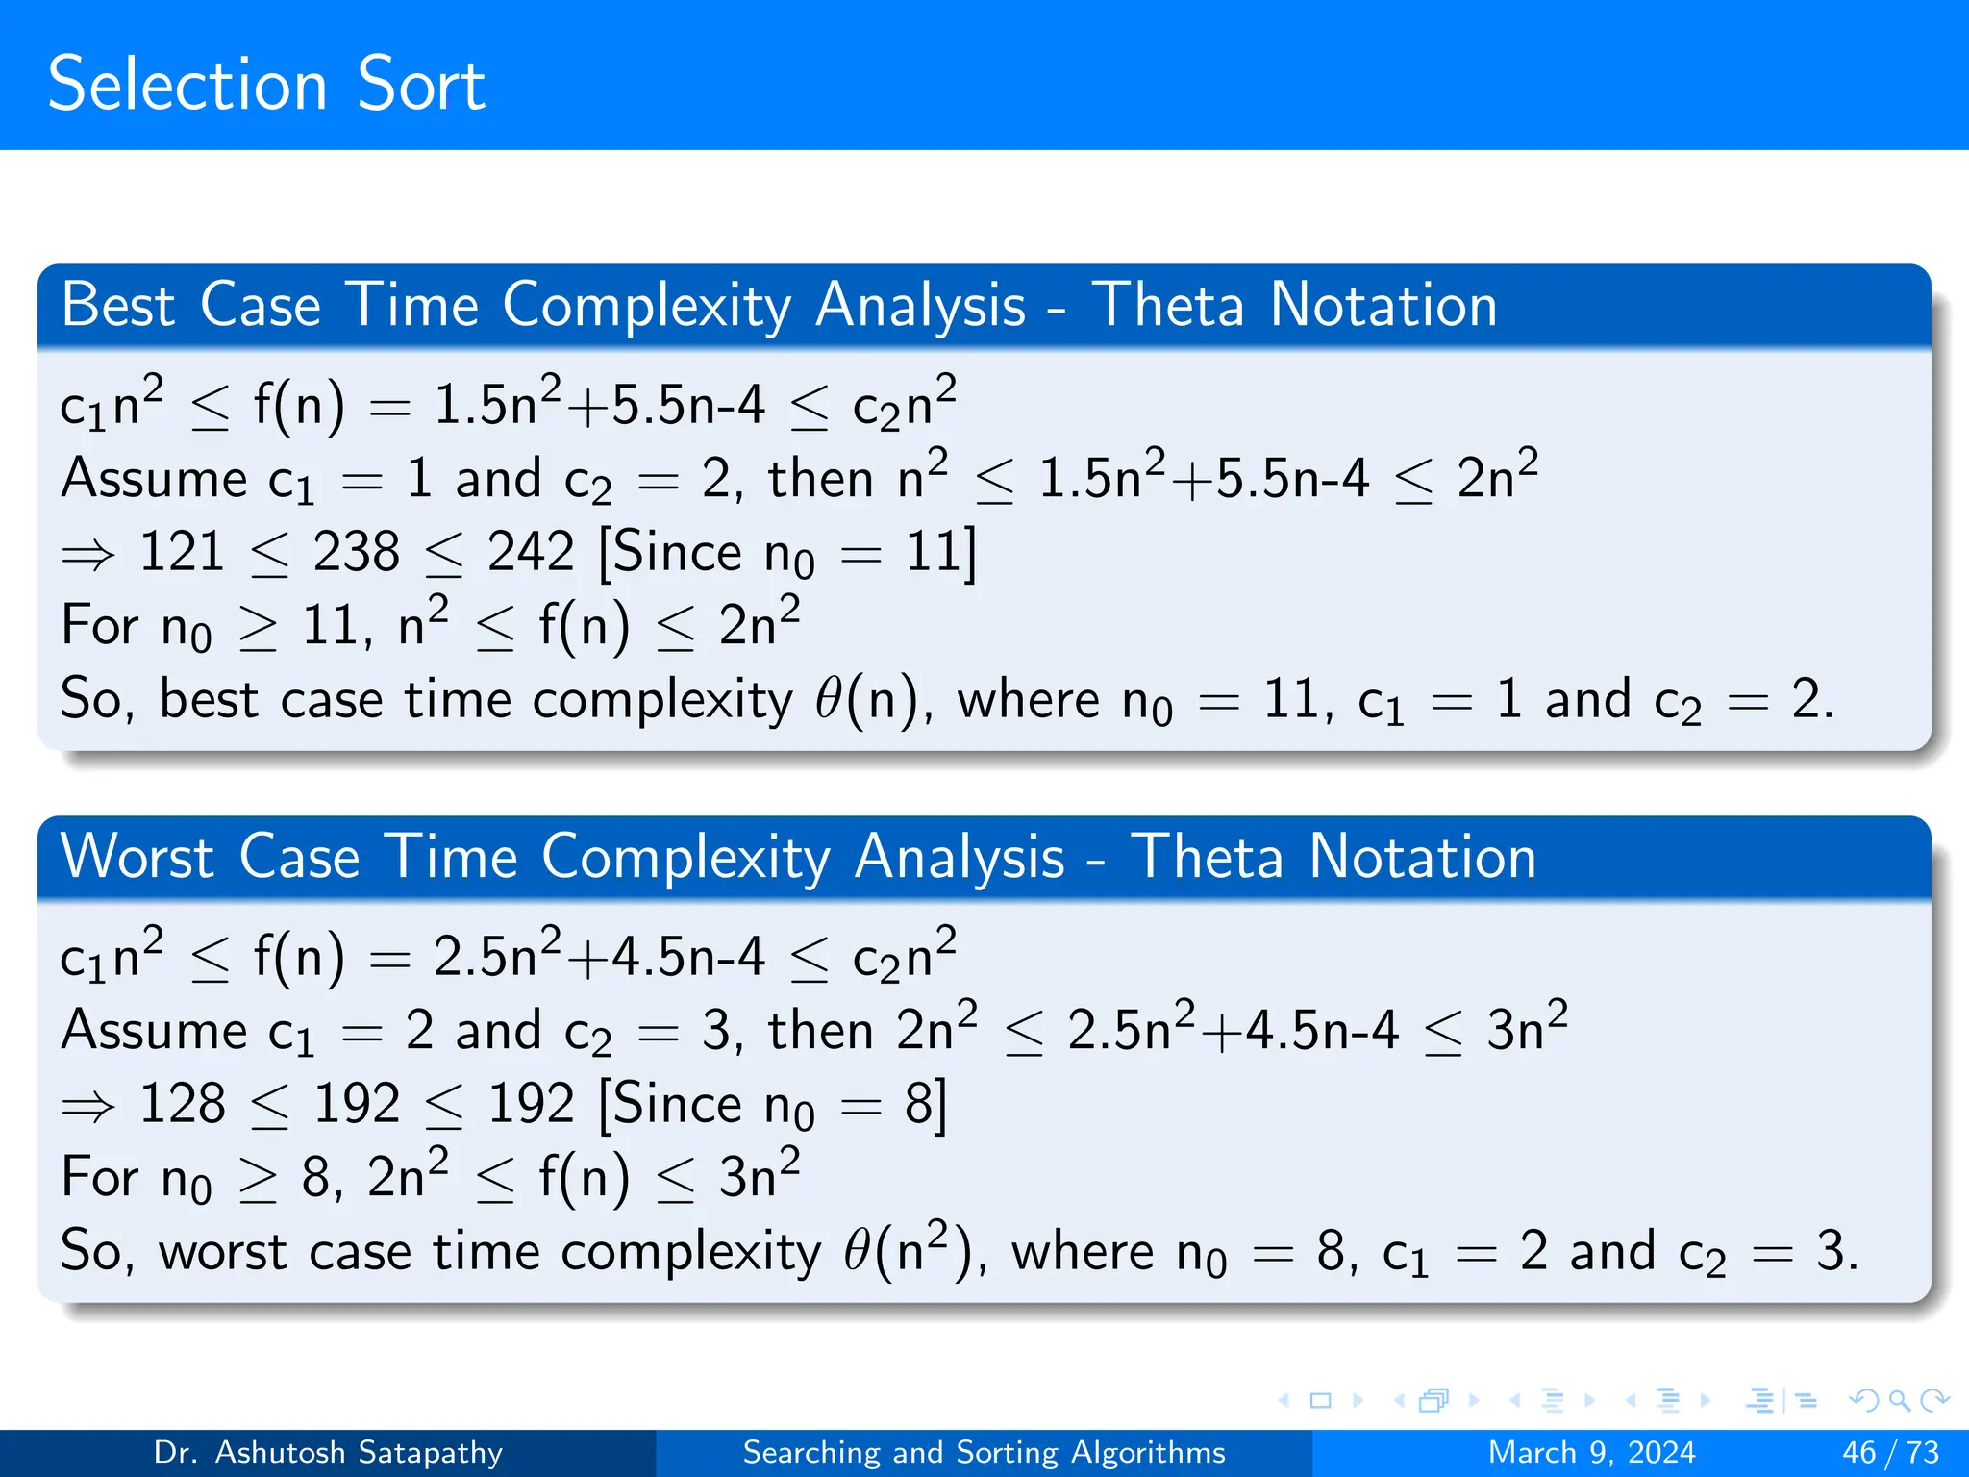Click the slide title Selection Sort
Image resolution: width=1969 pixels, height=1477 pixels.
point(266,85)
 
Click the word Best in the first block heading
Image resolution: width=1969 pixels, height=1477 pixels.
point(118,306)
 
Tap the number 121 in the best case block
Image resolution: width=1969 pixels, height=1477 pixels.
point(182,552)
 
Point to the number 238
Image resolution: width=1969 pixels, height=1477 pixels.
point(356,552)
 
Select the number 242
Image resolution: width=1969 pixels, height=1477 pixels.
point(531,552)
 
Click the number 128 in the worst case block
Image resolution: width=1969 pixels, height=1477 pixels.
point(182,1103)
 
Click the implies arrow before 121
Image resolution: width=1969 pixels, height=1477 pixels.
point(88,555)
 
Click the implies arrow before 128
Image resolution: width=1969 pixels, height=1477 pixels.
point(88,1106)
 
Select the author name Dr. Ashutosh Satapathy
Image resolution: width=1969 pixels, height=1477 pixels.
point(328,1452)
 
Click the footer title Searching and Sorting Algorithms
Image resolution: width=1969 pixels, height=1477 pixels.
point(984,1452)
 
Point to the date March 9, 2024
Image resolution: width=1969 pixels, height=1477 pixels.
point(1591,1452)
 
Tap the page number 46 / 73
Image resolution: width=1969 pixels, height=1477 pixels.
point(1890,1452)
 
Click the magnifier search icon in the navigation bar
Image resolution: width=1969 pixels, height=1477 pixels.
point(1898,1401)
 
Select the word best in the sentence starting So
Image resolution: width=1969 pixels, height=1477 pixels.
point(208,699)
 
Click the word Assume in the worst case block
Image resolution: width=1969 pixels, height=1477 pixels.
point(154,1031)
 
